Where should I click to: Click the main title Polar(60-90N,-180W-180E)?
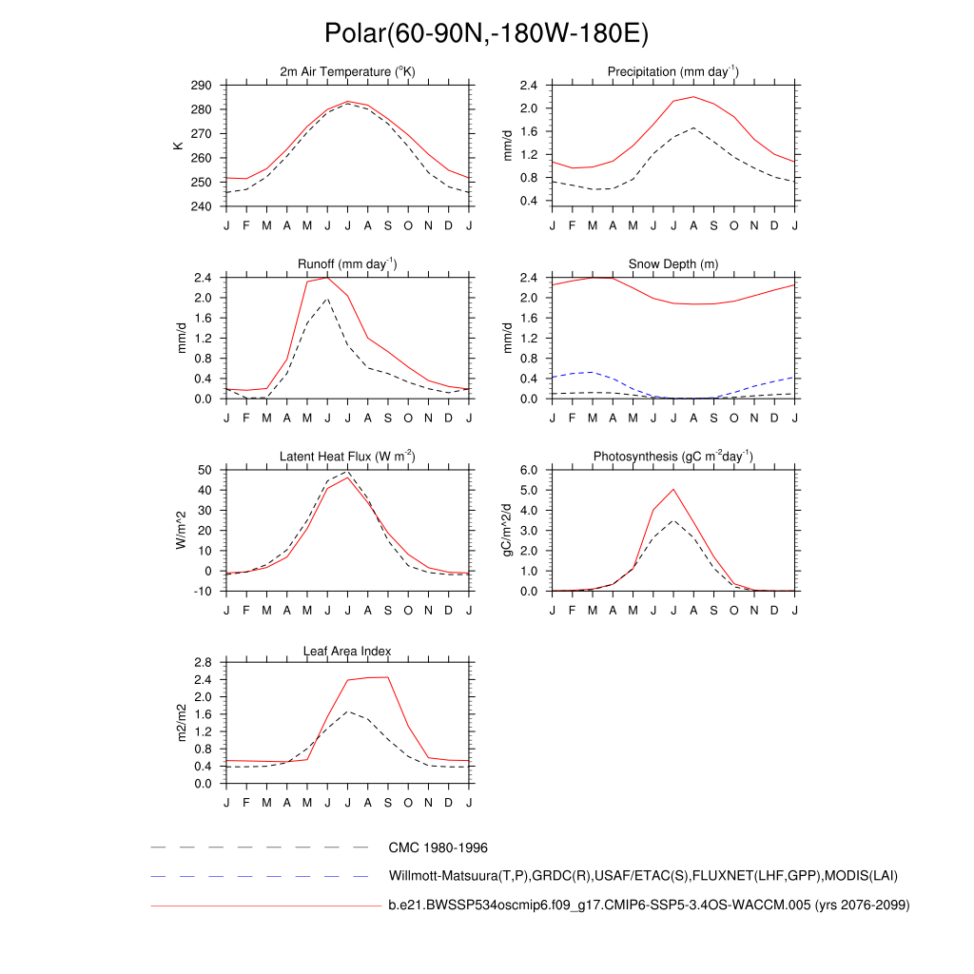486,33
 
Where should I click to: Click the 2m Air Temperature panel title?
347,72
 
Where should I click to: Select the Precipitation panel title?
673,72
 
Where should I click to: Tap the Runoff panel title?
347,264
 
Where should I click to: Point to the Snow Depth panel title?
673,264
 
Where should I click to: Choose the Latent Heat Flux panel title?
347,457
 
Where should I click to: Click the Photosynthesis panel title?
673,457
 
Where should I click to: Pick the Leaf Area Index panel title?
347,651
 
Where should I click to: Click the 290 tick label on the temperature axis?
201,86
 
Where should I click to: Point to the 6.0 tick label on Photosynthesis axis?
530,470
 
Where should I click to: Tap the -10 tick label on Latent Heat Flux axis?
204,592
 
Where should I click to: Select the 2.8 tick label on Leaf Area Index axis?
203,662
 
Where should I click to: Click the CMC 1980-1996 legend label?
438,847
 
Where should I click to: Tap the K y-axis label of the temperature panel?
178,146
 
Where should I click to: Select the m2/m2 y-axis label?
181,723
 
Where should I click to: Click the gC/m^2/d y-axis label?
507,530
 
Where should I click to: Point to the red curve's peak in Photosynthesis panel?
673,489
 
